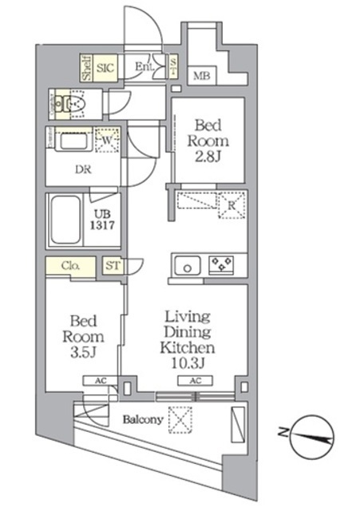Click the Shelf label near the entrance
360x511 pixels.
point(85,68)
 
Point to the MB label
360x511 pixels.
point(200,77)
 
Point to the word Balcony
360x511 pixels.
point(143,418)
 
